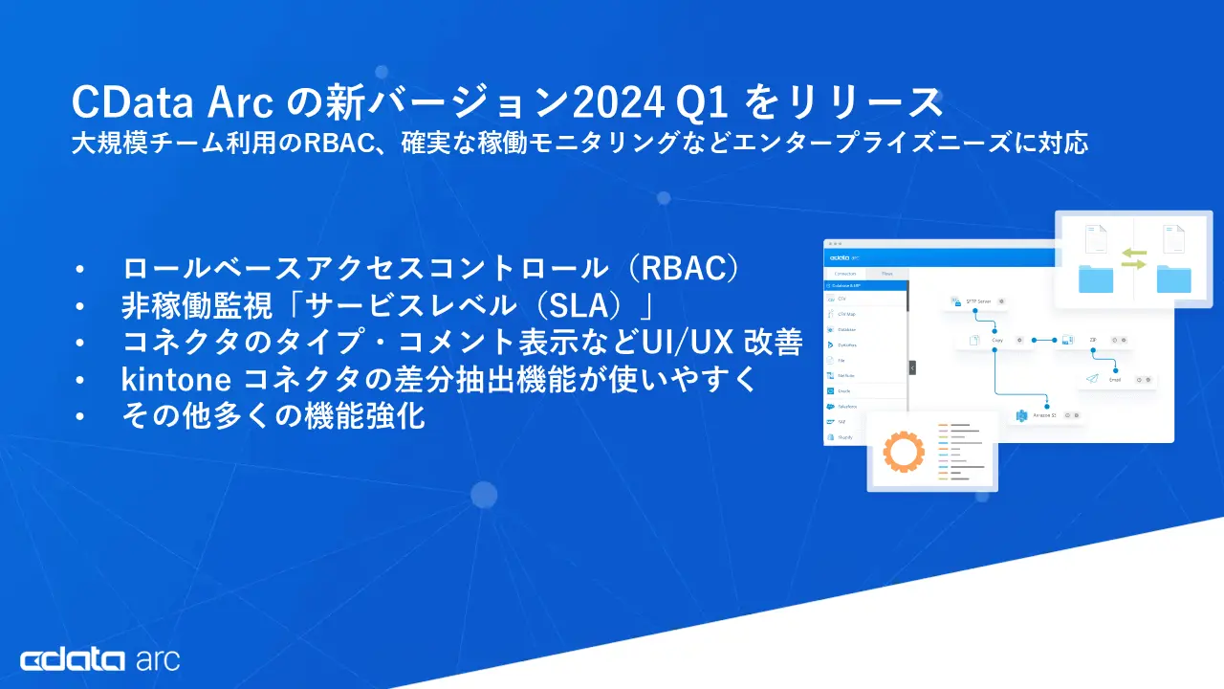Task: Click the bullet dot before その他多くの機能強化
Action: pos(80,417)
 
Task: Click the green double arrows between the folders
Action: pos(1133,257)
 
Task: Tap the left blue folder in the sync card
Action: pos(1096,278)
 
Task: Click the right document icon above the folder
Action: pos(1173,239)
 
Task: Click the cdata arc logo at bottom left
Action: pos(99,659)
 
